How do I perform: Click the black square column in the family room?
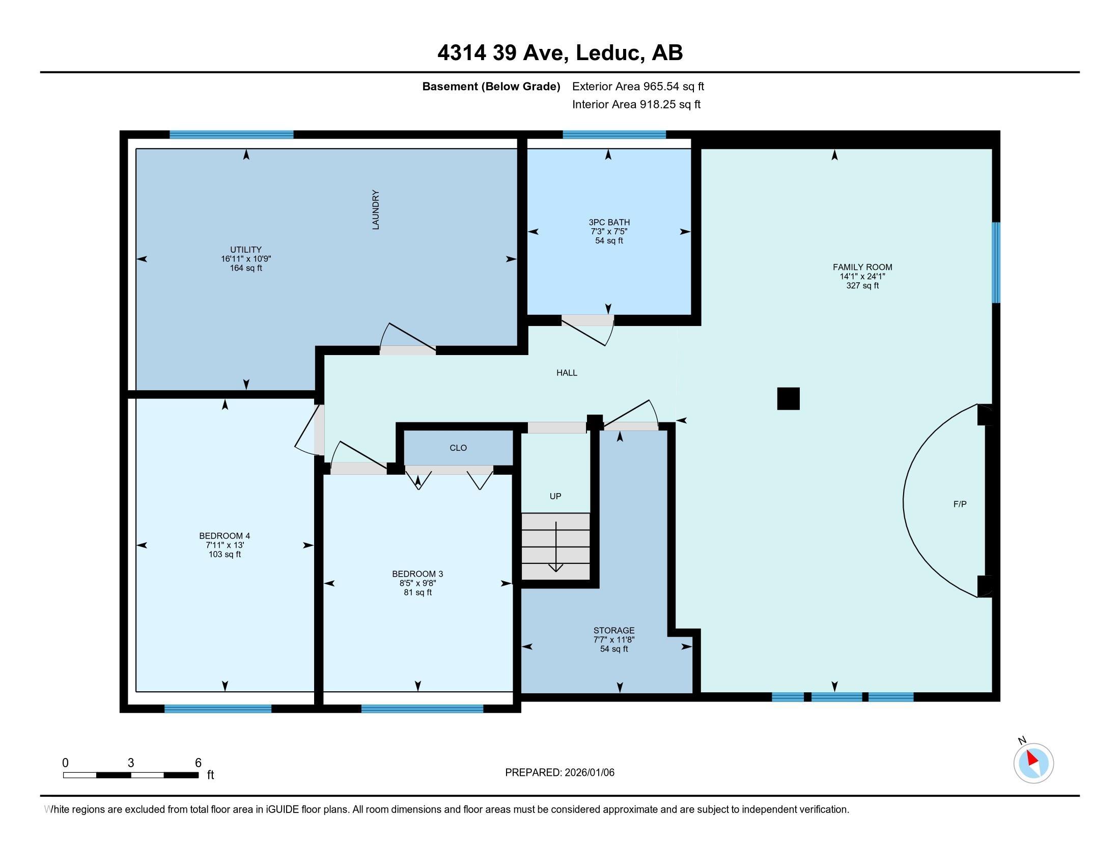[788, 399]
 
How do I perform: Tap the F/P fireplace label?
[960, 504]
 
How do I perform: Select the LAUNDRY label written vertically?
[376, 210]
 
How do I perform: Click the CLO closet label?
[458, 448]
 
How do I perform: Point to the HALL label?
[567, 373]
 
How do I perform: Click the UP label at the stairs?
[555, 496]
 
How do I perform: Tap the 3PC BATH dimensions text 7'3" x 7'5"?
[609, 231]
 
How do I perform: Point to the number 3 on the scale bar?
[131, 763]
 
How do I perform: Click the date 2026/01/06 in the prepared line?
[589, 773]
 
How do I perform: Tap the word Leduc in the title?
[609, 53]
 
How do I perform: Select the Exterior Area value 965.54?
[661, 87]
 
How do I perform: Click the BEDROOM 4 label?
[225, 535]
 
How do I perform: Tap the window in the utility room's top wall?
[231, 135]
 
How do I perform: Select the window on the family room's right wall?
[996, 262]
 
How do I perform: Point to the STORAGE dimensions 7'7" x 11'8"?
[614, 640]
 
